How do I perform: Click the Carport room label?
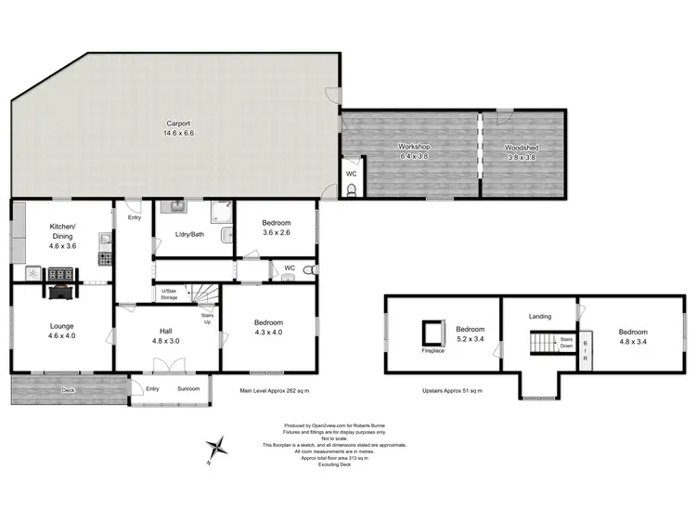pos(179,127)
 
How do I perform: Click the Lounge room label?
pos(62,331)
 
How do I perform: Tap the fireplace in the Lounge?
pos(60,292)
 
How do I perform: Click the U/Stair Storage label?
pos(170,294)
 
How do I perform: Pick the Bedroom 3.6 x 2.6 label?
pos(276,228)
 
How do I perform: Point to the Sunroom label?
pos(188,388)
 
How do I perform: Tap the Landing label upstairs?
pos(539,316)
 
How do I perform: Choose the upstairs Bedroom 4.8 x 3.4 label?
pos(633,336)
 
